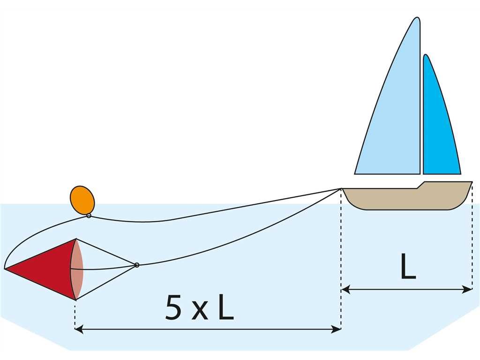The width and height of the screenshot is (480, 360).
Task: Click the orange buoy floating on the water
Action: coord(82,200)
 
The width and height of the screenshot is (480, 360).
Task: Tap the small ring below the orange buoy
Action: coord(89,216)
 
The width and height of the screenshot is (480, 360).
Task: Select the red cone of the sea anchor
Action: coord(47,269)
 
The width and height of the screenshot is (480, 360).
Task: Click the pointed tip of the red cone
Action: coord(6,269)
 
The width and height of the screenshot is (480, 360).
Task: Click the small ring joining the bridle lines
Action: coord(137,265)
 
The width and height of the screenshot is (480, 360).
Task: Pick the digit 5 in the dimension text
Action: coord(173,308)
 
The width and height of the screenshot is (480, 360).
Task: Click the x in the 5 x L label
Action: coord(200,312)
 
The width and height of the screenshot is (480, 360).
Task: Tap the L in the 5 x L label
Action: coord(225,308)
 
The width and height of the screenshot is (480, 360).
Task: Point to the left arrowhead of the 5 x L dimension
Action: coord(79,330)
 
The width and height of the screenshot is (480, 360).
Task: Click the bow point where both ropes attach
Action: coord(341,188)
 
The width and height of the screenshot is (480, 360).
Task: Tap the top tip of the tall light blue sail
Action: coord(417,19)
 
